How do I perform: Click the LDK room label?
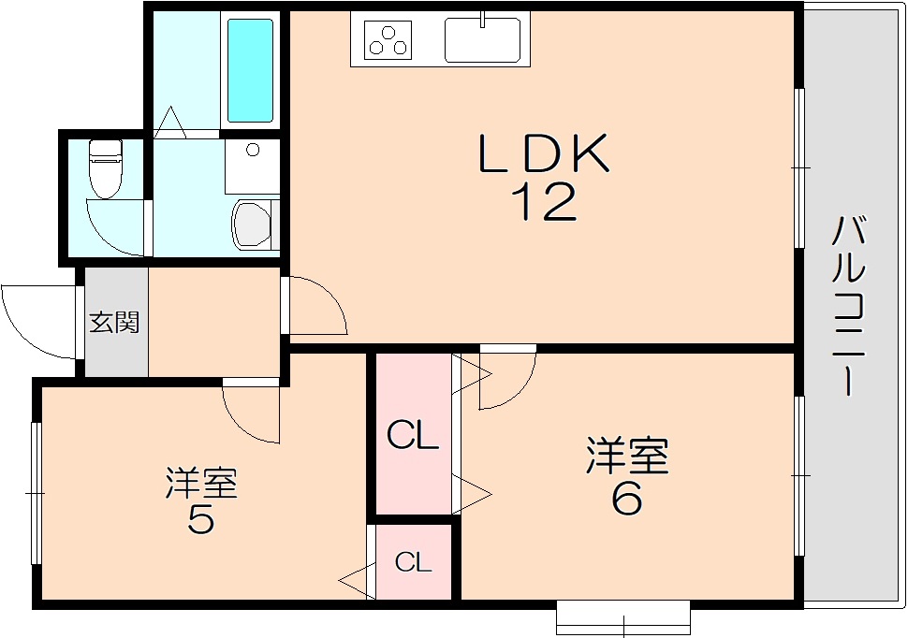click(544, 152)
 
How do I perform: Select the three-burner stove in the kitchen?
click(388, 39)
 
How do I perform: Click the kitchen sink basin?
click(482, 39)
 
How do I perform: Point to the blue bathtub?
click(250, 70)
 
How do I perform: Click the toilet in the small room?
click(105, 168)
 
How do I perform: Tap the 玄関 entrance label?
click(114, 323)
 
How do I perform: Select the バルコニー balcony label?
click(849, 306)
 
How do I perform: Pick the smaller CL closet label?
click(414, 561)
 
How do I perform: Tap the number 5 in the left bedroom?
click(201, 516)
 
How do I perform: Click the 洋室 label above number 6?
click(628, 456)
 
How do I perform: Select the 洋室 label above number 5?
click(201, 482)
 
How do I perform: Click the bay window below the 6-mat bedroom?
click(623, 618)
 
